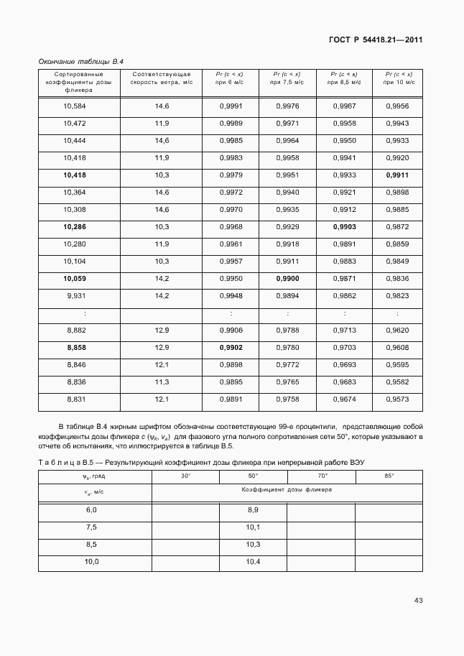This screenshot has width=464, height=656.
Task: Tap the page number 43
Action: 418,600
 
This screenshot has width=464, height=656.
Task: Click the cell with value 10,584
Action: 75,106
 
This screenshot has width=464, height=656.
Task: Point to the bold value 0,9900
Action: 287,278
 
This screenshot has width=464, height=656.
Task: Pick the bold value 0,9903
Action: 344,227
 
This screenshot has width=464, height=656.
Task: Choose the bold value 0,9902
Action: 231,347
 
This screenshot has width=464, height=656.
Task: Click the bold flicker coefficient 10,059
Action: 75,278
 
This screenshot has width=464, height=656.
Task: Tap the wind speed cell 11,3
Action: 162,382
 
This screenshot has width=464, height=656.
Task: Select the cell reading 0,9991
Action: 231,106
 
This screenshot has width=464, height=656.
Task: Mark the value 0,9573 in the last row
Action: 397,399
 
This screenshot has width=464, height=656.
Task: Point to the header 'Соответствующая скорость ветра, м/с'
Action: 162,78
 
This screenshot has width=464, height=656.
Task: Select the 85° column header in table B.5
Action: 389,476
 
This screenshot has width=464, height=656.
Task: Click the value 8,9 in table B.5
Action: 253,509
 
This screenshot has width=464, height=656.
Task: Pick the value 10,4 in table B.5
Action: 253,561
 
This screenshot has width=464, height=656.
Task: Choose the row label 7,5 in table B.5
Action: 91,527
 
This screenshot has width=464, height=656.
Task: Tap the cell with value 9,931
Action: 75,295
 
